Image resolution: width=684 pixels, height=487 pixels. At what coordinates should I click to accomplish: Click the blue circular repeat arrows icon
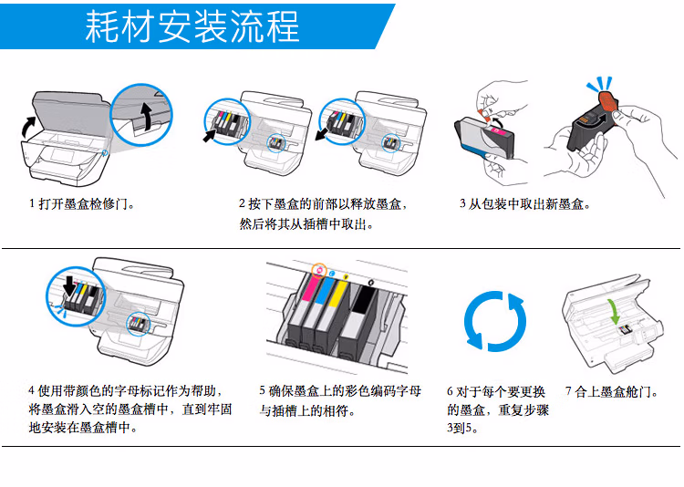(495, 321)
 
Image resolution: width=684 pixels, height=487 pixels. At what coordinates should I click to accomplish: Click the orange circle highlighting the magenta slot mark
(318, 270)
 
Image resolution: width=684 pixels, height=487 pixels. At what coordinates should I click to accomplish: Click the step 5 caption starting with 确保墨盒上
(339, 391)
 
